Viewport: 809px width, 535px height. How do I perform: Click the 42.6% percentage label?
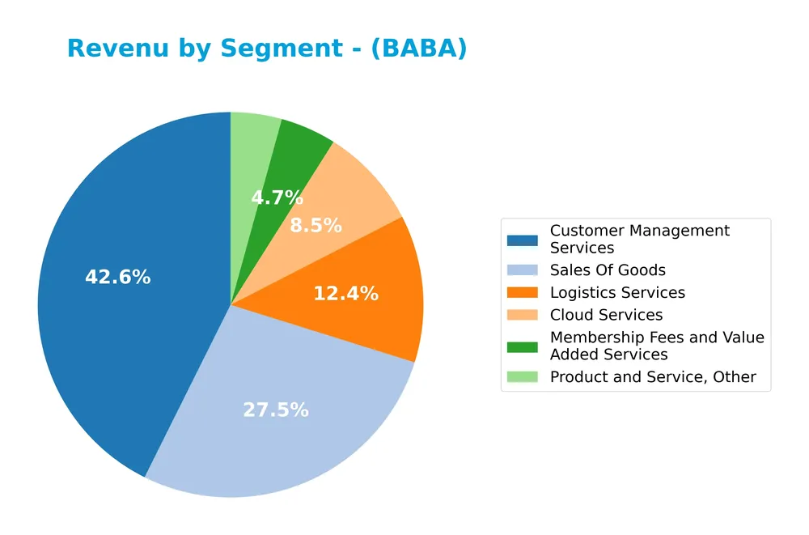(117, 277)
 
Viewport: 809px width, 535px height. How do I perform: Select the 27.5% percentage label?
(276, 410)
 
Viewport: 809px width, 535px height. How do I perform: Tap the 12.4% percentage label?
(345, 294)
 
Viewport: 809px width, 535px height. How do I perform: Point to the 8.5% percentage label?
(316, 226)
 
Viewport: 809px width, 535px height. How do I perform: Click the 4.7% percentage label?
(277, 197)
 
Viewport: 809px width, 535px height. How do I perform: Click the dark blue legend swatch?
(522, 240)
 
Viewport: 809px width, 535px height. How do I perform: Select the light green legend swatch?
(522, 377)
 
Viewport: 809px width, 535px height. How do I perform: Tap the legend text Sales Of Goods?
(608, 270)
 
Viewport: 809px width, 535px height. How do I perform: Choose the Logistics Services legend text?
(617, 293)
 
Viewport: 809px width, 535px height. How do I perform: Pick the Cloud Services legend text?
(606, 316)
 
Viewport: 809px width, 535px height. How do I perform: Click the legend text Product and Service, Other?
(653, 377)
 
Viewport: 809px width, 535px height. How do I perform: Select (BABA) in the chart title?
(421, 49)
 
